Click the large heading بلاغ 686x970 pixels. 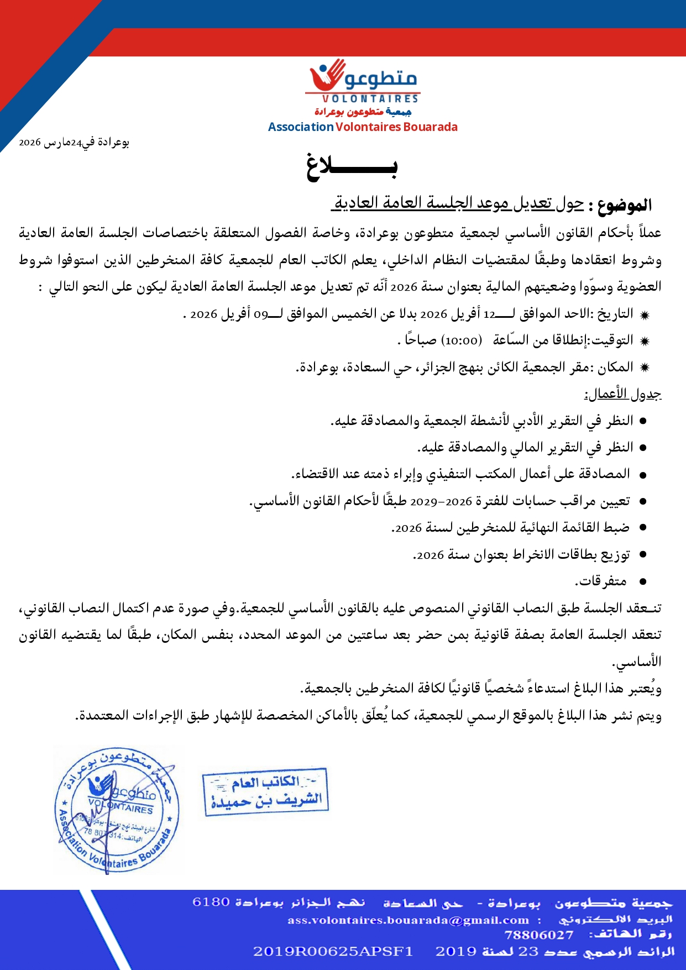click(352, 166)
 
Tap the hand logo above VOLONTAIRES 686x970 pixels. click(327, 77)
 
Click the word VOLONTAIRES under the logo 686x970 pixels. click(370, 99)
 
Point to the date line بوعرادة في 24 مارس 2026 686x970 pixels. click(74, 143)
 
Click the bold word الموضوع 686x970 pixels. click(624, 206)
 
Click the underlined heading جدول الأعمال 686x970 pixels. click(623, 394)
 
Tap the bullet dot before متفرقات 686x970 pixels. click(643, 582)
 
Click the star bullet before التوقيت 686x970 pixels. click(644, 341)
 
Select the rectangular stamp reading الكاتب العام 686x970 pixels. click(266, 791)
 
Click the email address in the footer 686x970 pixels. click(408, 920)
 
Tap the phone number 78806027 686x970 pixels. click(539, 935)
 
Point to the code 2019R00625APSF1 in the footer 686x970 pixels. click(333, 951)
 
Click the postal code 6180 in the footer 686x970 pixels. click(211, 902)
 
